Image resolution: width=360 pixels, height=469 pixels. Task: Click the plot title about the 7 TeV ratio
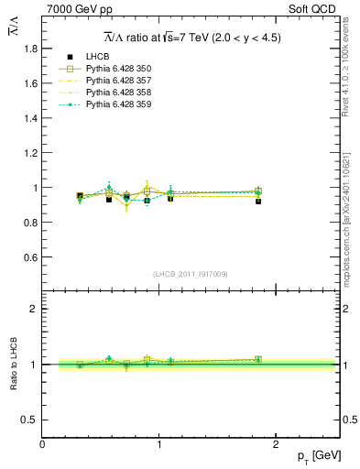click(x=191, y=38)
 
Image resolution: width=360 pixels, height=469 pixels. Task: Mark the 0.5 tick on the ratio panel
click(x=31, y=420)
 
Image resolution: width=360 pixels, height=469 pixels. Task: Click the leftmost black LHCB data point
click(x=80, y=195)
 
